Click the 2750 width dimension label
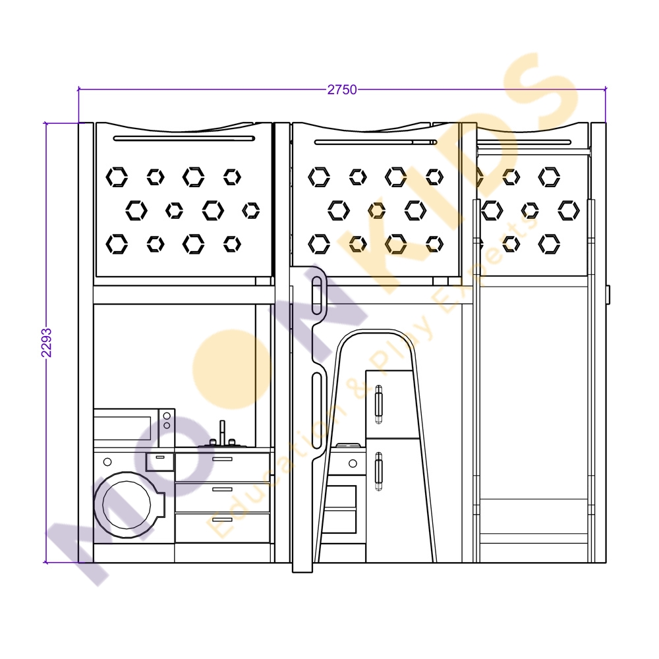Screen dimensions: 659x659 pos(341,90)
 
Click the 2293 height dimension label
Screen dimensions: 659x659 pos(46,343)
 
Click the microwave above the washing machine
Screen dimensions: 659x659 pos(134,428)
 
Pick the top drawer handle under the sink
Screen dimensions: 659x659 pos(222,459)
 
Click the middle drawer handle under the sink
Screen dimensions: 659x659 pos(222,489)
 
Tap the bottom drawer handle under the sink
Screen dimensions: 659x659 pos(222,519)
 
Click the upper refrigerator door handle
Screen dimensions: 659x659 pos(379,405)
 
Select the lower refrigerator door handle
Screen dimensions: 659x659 pos(379,472)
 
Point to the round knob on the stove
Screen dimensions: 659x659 pos(353,463)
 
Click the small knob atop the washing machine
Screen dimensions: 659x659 pos(107,462)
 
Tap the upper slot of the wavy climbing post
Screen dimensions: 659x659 pos(317,295)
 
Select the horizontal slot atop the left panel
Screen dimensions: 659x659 pos(184,138)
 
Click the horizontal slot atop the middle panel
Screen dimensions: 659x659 pos(376,142)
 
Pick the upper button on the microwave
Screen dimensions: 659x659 pos(167,416)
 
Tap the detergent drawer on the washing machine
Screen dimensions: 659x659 pos(159,461)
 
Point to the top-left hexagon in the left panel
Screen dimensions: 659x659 pos(117,177)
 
